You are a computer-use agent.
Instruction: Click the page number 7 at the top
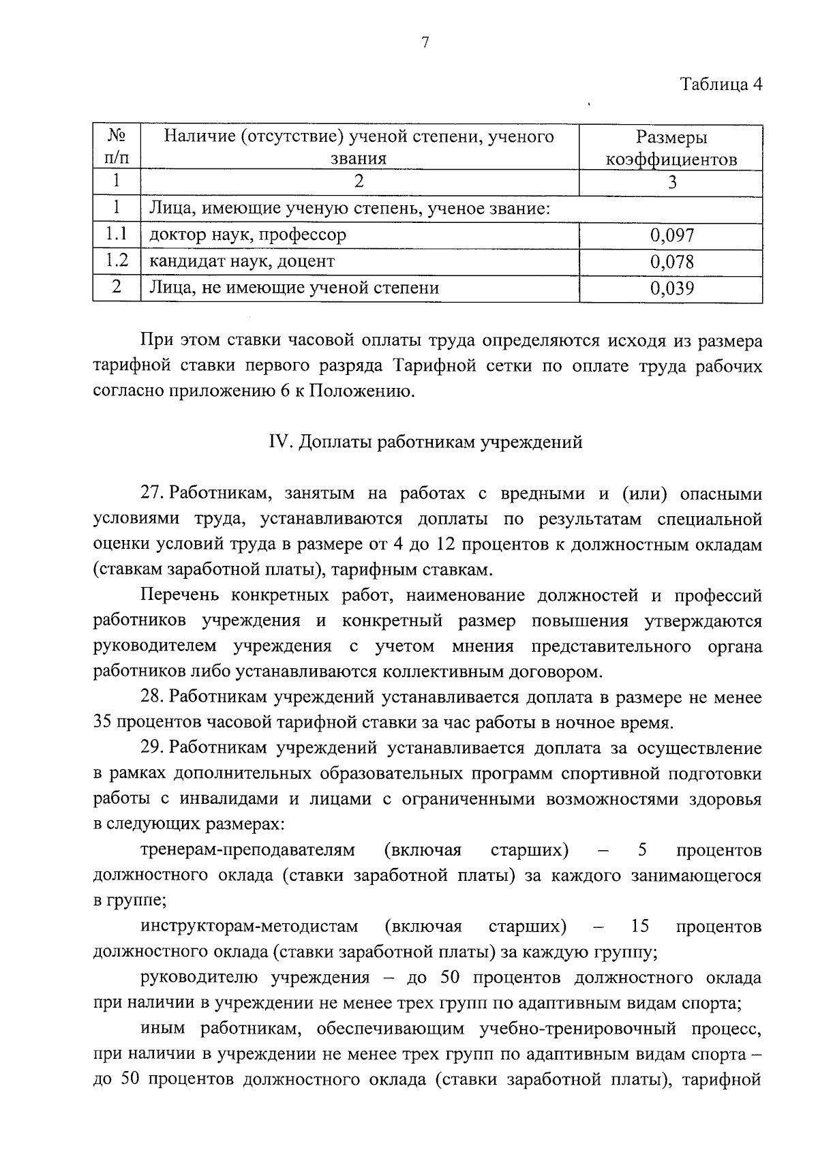(x=425, y=43)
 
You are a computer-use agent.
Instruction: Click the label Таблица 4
(x=721, y=85)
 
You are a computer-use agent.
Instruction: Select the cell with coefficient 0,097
(x=671, y=236)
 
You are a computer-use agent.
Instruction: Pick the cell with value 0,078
(x=671, y=262)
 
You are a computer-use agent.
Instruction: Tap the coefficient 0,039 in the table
(x=671, y=288)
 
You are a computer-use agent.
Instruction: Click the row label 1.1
(x=117, y=235)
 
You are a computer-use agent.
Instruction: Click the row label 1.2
(x=117, y=261)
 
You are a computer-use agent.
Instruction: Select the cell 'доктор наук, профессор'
(x=248, y=235)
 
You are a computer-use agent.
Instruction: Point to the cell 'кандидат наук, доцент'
(x=242, y=261)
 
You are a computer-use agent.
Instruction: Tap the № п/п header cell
(x=117, y=148)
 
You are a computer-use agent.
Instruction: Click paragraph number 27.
(x=153, y=493)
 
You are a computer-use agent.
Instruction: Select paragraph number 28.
(x=153, y=697)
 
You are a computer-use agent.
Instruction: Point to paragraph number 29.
(x=153, y=749)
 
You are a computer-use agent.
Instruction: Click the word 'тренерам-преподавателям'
(x=247, y=850)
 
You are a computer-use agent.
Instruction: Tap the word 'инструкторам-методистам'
(x=249, y=927)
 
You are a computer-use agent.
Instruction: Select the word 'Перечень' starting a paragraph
(x=179, y=595)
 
